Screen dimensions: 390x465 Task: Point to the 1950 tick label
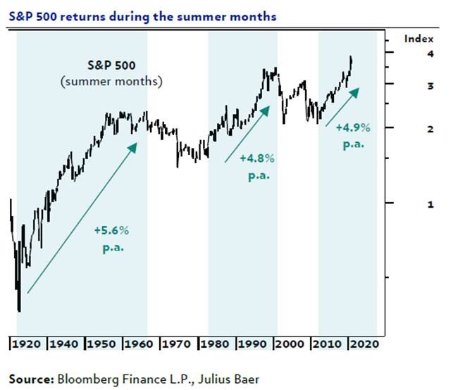(103, 345)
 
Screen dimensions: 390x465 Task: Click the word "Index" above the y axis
(414, 39)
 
